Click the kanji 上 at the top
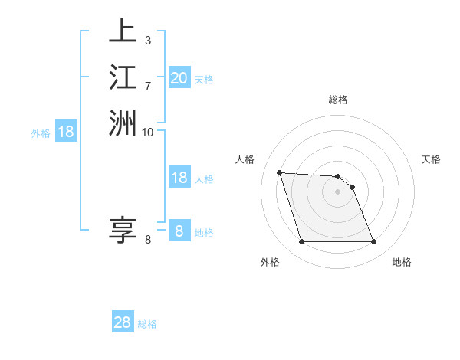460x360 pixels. click(x=123, y=31)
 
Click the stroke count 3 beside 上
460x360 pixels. click(x=147, y=40)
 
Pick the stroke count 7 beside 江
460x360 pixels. click(x=147, y=85)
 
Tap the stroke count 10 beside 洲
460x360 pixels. click(x=148, y=132)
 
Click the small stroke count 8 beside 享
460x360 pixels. click(x=147, y=240)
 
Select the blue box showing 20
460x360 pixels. click(x=179, y=78)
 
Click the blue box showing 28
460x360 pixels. click(x=123, y=322)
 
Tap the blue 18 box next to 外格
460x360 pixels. click(x=66, y=132)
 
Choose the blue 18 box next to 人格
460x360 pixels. click(x=179, y=178)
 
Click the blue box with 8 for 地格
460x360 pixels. click(x=179, y=231)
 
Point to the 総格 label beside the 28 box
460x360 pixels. click(x=147, y=324)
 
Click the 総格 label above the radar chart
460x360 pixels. click(x=338, y=100)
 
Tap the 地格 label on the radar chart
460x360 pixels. click(x=402, y=263)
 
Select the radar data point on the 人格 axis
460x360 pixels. click(x=280, y=172)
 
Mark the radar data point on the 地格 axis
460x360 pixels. click(x=373, y=242)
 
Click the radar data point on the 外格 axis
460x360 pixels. click(x=301, y=242)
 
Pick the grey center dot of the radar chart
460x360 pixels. click(x=337, y=191)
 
